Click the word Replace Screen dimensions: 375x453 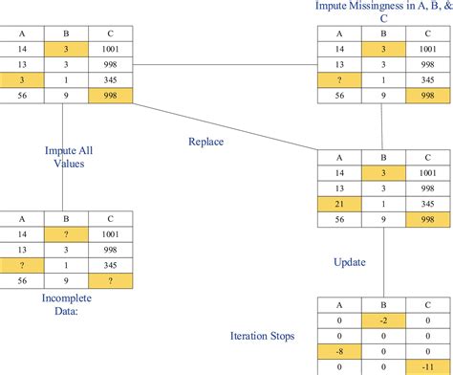coord(205,141)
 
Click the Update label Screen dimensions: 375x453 coord(349,260)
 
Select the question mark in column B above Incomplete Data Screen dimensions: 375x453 coord(63,232)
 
